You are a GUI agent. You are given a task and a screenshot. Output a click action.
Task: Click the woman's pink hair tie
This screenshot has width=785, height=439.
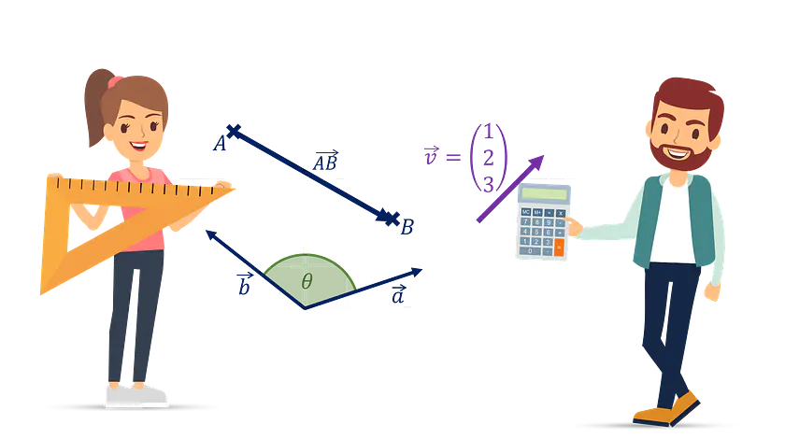(115, 81)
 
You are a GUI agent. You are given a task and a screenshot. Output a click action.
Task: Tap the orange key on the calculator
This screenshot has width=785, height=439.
(560, 247)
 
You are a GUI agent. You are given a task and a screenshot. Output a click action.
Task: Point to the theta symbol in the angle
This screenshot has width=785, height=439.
(306, 278)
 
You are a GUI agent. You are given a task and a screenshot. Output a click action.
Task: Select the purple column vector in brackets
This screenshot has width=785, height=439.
(488, 156)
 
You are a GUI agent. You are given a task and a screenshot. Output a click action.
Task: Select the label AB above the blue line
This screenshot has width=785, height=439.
(326, 162)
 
